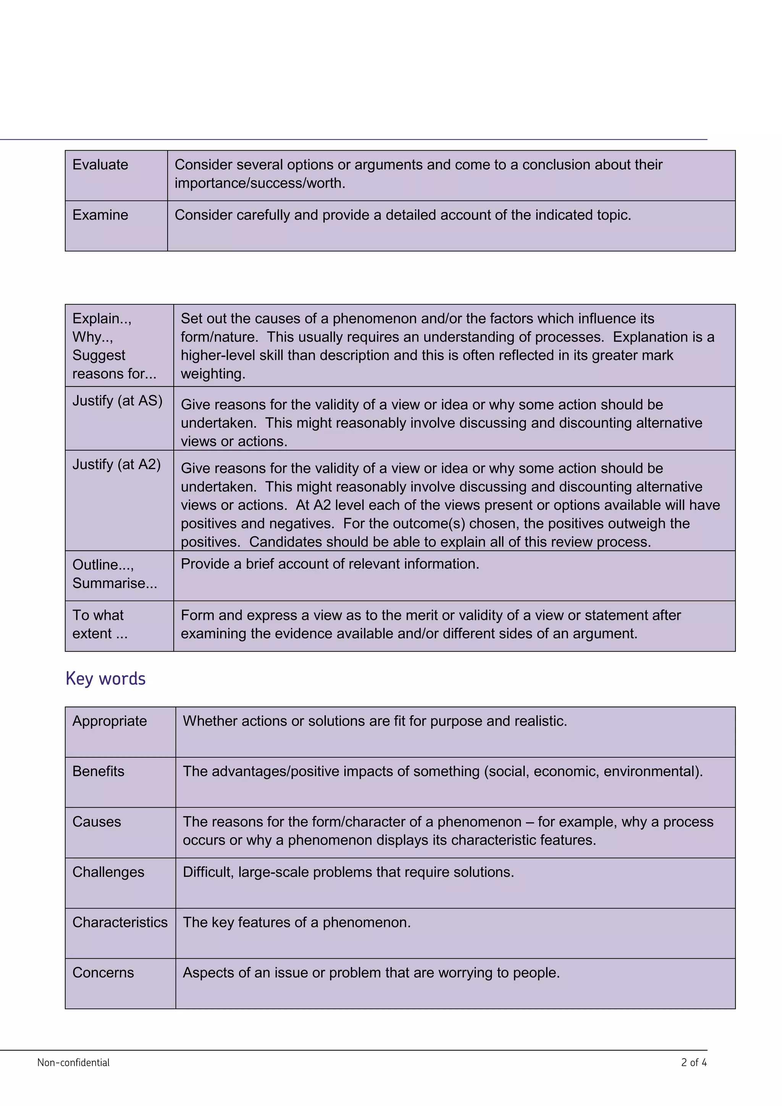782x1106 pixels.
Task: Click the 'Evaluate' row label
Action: click(100, 165)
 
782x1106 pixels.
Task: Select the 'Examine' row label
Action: click(100, 215)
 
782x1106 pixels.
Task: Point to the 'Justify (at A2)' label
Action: click(116, 464)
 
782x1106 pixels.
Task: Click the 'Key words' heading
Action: click(105, 678)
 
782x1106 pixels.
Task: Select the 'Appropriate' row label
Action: click(109, 721)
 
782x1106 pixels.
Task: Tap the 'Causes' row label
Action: click(96, 821)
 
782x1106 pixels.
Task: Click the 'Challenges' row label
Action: click(108, 872)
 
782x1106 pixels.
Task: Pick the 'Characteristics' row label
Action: click(120, 922)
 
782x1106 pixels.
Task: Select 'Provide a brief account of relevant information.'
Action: click(330, 564)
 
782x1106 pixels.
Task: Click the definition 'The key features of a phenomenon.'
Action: click(297, 922)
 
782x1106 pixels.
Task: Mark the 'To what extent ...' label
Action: click(100, 624)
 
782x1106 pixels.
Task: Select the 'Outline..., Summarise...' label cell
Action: click(115, 574)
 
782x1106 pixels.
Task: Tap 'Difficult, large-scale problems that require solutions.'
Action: click(348, 872)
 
